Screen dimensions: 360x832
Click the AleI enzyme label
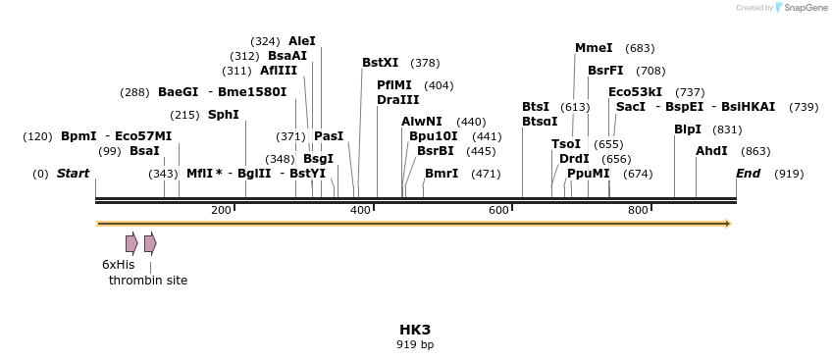(x=302, y=41)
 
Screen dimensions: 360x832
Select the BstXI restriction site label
(x=381, y=63)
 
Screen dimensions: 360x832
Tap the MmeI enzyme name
(x=594, y=48)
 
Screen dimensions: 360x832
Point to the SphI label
(x=224, y=115)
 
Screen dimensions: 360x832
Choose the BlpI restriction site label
(x=688, y=129)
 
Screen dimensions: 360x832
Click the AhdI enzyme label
(x=711, y=151)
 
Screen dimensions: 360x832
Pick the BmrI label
(x=442, y=174)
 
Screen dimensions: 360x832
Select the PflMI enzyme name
(x=394, y=85)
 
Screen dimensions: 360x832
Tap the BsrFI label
(x=605, y=71)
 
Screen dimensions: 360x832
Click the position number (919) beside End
(x=789, y=174)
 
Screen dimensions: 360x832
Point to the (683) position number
(x=640, y=48)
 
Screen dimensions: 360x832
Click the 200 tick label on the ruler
(x=221, y=210)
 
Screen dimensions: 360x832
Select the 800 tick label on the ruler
(x=638, y=210)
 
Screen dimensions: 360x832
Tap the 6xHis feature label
(x=118, y=265)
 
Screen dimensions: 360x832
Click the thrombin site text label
(x=148, y=281)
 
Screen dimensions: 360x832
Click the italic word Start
(x=73, y=174)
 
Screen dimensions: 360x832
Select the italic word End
(x=748, y=174)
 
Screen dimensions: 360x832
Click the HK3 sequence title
(x=415, y=329)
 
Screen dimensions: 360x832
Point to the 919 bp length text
(x=415, y=344)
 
